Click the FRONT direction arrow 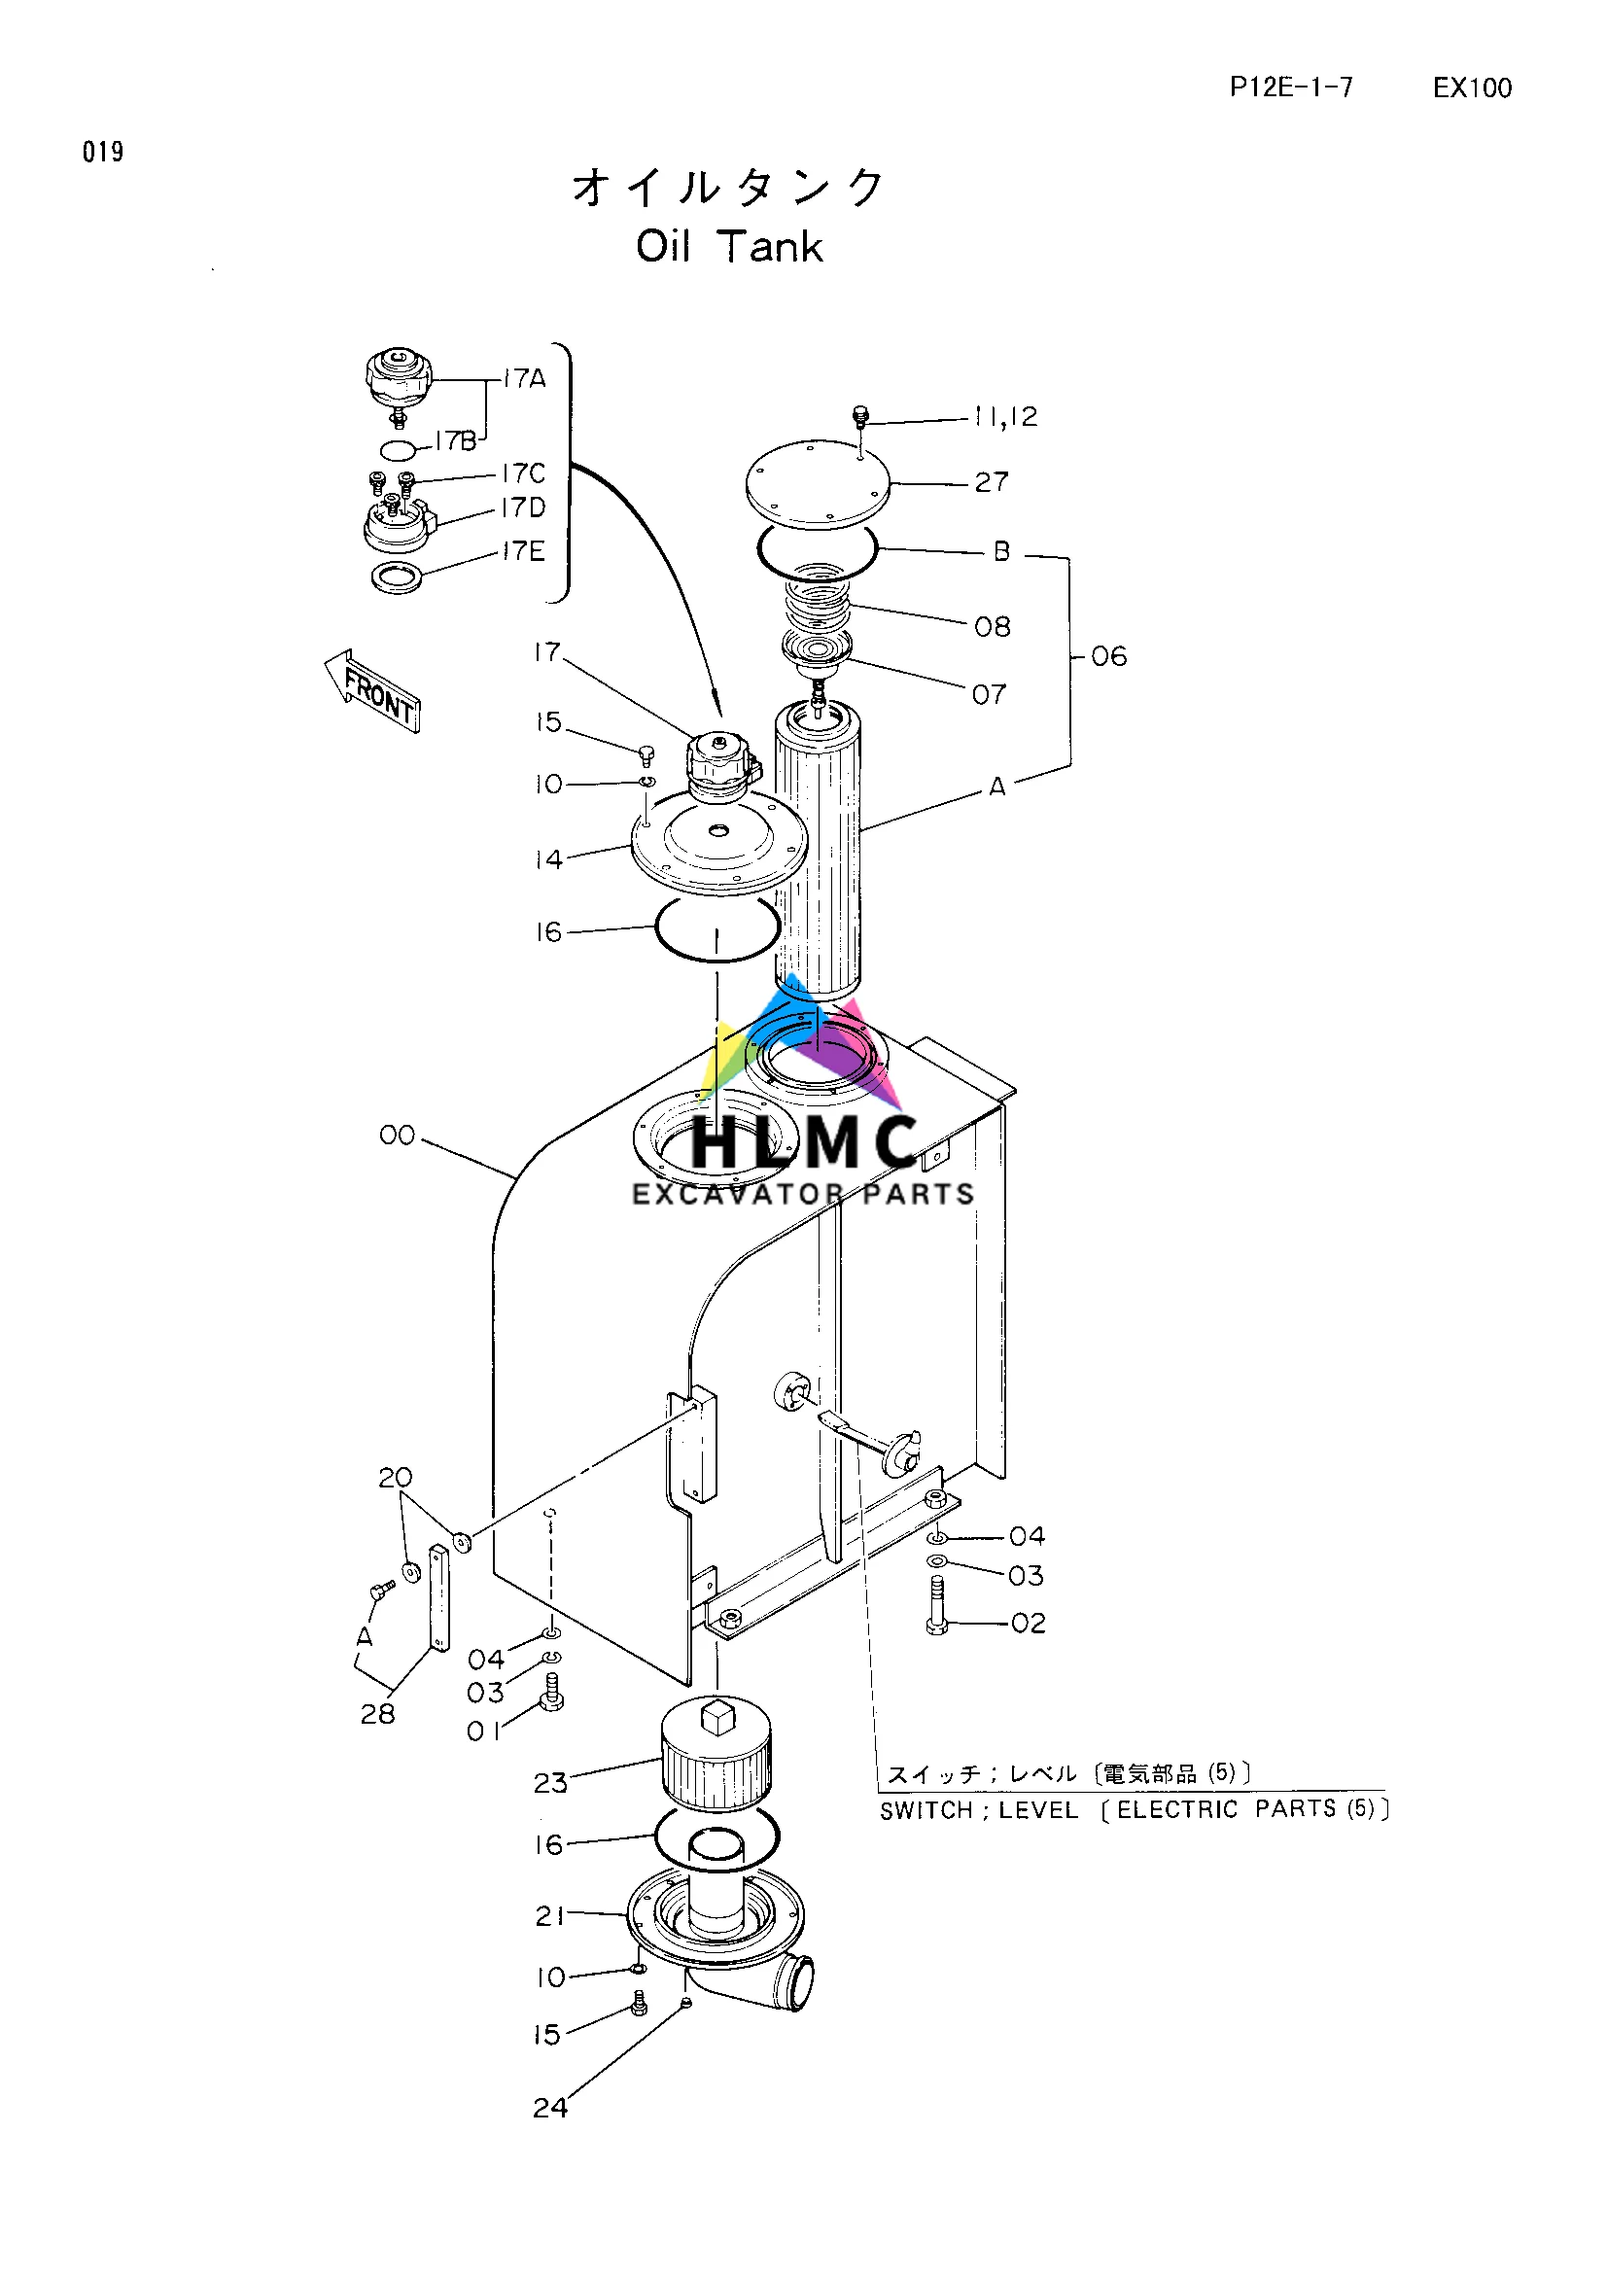pos(373,691)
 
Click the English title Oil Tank pos(729,247)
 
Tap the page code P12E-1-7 pos(1290,87)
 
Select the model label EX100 pos(1471,88)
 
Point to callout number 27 pos(992,482)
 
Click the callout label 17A pos(524,378)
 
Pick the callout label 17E pos(523,550)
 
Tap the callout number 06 pos(1108,656)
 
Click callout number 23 pos(550,1783)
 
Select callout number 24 pos(549,2108)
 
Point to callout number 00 pos(397,1135)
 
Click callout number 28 pos(377,1713)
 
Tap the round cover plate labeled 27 pos(817,482)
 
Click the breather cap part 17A pos(398,379)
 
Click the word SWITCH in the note pos(926,1810)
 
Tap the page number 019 pos(103,152)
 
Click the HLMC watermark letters pos(803,1142)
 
